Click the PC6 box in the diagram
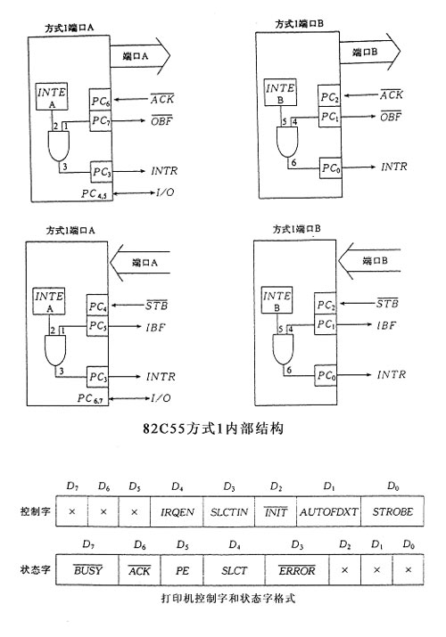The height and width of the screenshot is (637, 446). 100,100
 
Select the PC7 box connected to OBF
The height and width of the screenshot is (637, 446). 100,120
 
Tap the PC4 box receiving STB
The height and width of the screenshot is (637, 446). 97,306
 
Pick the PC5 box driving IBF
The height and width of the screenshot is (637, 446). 97,326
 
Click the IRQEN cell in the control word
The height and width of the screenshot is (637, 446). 177,511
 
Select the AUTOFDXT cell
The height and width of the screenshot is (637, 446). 328,511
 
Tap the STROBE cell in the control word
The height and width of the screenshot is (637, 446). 392,511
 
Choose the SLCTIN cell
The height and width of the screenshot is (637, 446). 228,511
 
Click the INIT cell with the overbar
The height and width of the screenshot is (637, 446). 276,511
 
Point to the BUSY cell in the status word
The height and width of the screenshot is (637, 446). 87,569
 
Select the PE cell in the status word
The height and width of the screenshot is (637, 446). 182,569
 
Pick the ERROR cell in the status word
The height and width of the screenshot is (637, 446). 297,569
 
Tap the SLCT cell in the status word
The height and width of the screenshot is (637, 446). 235,569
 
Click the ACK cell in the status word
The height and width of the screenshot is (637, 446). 139,569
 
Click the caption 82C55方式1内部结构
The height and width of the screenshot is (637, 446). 212,429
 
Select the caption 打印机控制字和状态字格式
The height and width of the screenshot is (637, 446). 227,598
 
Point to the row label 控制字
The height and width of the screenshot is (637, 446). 36,511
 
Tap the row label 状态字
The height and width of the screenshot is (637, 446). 36,569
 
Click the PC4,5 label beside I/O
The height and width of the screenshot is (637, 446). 94,194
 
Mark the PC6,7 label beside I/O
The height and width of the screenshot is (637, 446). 90,398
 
